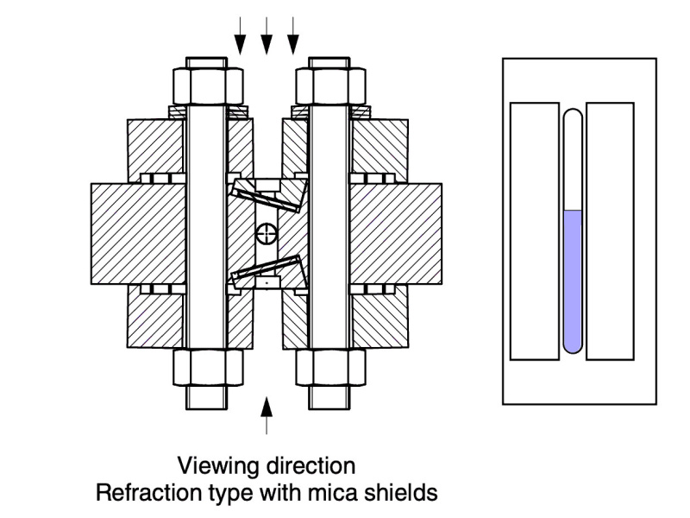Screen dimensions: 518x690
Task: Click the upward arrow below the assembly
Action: click(267, 414)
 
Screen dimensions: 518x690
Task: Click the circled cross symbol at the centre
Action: click(267, 232)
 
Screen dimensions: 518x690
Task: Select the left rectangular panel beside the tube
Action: click(534, 231)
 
